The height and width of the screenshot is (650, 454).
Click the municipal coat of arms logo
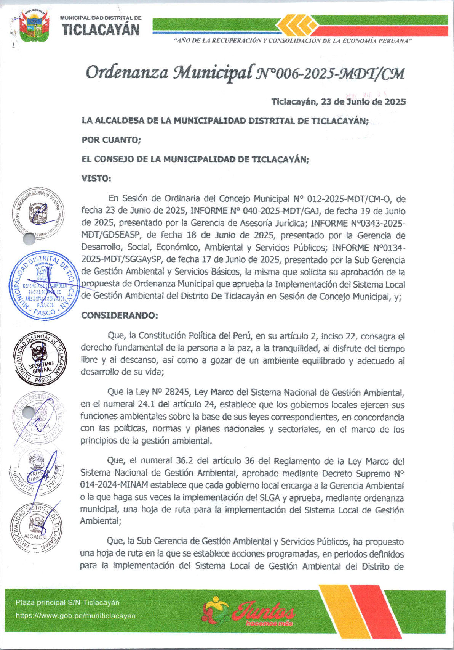point(34,26)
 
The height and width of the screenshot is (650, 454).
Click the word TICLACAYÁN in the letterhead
point(101,30)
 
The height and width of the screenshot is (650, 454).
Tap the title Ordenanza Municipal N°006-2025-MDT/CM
point(245,72)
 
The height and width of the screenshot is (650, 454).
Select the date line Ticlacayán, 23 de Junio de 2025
point(338,102)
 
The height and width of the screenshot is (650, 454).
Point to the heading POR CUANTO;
point(111,140)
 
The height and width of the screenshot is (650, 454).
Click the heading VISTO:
point(96,179)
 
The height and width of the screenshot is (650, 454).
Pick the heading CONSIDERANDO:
point(119,315)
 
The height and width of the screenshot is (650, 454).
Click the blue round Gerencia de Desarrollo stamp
point(44,286)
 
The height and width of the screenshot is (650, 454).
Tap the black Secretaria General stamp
point(41,357)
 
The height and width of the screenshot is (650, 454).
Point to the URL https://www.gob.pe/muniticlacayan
point(75,616)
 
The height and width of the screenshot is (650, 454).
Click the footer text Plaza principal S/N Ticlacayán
point(67,603)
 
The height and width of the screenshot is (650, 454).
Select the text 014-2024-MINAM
point(115,486)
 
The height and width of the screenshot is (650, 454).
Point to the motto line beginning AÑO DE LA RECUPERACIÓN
point(293,41)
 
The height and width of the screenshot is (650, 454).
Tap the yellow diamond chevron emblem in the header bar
point(297,25)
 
